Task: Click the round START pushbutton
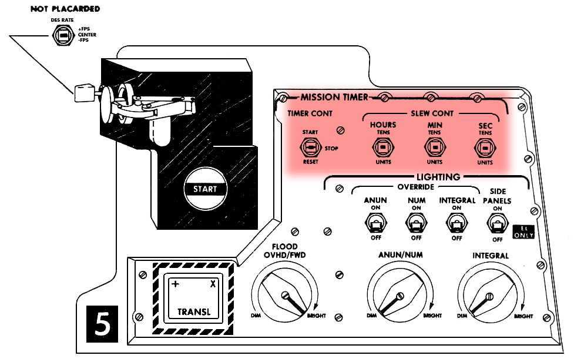205,189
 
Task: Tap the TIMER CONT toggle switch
310,147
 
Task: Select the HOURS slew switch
383,147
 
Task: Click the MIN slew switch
435,147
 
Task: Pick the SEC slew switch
485,148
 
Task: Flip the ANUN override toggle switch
375,223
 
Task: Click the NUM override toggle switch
416,223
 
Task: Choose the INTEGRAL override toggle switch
456,223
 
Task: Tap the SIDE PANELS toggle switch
497,224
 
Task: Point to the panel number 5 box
102,324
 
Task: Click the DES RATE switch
63,35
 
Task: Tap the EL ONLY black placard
523,232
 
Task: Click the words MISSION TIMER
334,97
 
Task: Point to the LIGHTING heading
438,177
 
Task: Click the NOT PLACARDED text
65,9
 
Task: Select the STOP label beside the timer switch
331,149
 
